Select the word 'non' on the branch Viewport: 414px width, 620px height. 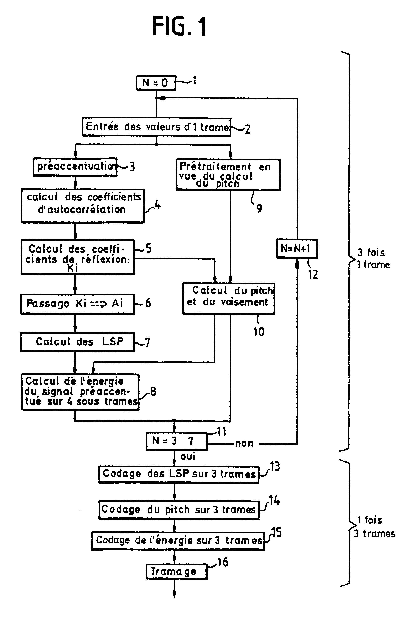click(x=244, y=443)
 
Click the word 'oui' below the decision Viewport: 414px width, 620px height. click(x=188, y=456)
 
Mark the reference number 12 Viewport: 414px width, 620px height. click(x=313, y=275)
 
